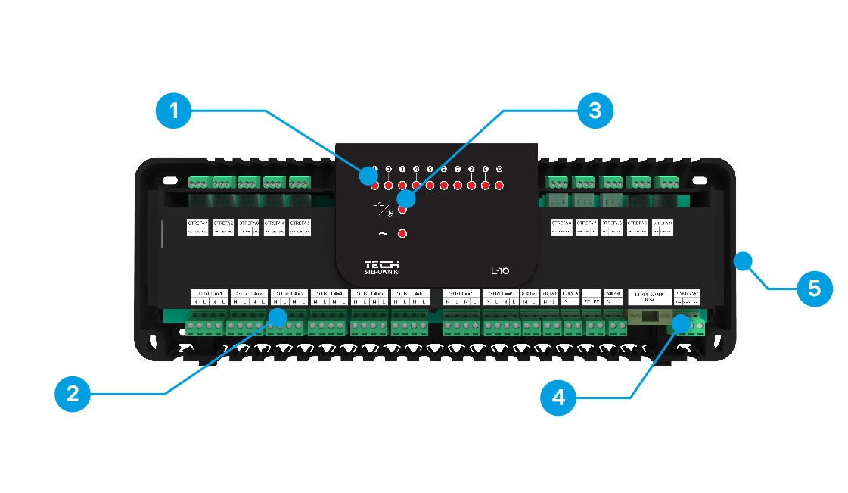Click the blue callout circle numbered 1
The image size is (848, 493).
tap(175, 111)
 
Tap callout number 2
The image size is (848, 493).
tap(73, 393)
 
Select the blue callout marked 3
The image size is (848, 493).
tap(595, 111)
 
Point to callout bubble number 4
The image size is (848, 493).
tap(558, 397)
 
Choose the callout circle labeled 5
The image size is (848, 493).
tap(814, 289)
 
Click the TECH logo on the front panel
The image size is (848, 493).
tap(382, 264)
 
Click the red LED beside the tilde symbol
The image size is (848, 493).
tap(402, 233)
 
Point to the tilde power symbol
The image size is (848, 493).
tap(382, 233)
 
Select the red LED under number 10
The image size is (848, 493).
tap(499, 184)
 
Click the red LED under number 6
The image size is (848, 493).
tap(444, 184)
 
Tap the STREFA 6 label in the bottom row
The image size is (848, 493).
tap(410, 293)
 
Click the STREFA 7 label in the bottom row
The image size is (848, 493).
tap(460, 293)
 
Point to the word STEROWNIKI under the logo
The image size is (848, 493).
tap(382, 273)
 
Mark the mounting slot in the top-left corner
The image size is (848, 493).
tap(166, 183)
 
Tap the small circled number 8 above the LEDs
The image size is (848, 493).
tap(471, 169)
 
